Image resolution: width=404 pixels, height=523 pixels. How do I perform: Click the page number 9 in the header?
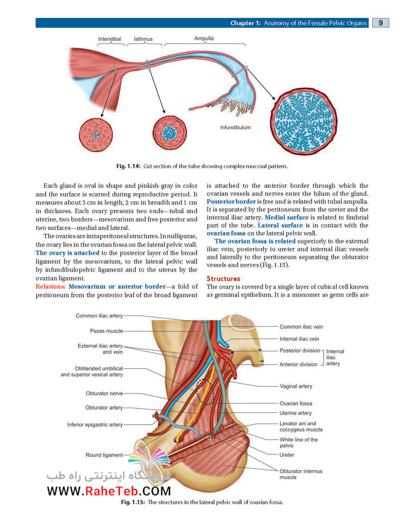click(x=380, y=23)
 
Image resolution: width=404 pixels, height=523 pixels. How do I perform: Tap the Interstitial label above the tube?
click(x=110, y=39)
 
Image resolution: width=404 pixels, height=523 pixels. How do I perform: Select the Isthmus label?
click(x=143, y=39)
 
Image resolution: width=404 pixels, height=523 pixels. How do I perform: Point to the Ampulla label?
click(x=204, y=38)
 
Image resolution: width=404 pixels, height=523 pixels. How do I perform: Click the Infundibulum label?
click(x=236, y=128)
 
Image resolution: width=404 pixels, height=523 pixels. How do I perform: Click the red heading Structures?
click(x=223, y=279)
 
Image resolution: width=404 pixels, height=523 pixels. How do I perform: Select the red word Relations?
click(x=50, y=286)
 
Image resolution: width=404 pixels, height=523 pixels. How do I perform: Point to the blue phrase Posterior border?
click(x=231, y=201)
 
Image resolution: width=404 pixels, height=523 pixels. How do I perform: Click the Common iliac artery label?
click(x=99, y=316)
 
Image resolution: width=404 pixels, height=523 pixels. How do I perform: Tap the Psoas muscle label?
click(x=107, y=331)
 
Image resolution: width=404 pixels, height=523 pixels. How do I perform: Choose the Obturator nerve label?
click(x=104, y=393)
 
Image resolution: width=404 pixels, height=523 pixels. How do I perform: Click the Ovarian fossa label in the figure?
click(x=295, y=403)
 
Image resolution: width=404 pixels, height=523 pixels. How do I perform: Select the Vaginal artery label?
click(x=296, y=386)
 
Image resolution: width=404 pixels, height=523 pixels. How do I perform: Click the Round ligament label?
click(x=104, y=455)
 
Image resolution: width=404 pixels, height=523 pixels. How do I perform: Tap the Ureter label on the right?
click(x=287, y=455)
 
